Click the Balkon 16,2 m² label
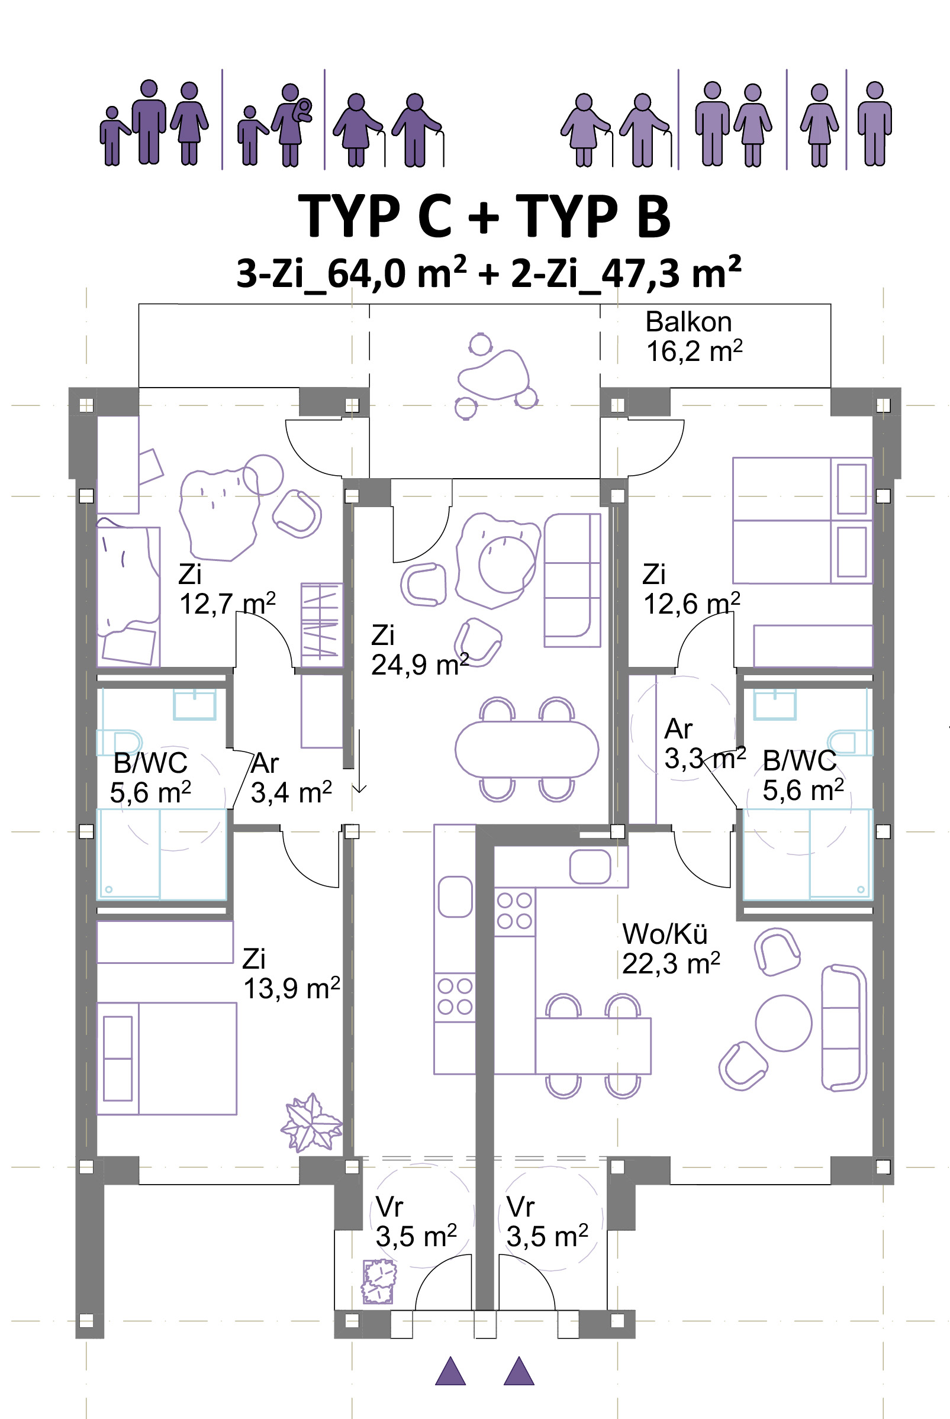pyautogui.click(x=694, y=336)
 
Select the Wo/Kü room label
pyautogui.click(x=665, y=934)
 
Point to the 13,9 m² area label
pyautogui.click(x=291, y=988)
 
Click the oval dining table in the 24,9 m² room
pyautogui.click(x=527, y=749)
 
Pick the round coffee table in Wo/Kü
pyautogui.click(x=784, y=1023)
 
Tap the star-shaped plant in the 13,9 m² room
pyautogui.click(x=311, y=1124)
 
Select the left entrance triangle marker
pyautogui.click(x=450, y=1371)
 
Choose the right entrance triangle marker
pyautogui.click(x=519, y=1371)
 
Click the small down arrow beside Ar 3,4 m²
pyautogui.click(x=359, y=760)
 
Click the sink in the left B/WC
pyautogui.click(x=195, y=705)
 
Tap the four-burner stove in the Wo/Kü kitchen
pyautogui.click(x=514, y=911)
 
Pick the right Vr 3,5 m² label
pyautogui.click(x=546, y=1221)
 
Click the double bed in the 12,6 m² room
pyautogui.click(x=802, y=520)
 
